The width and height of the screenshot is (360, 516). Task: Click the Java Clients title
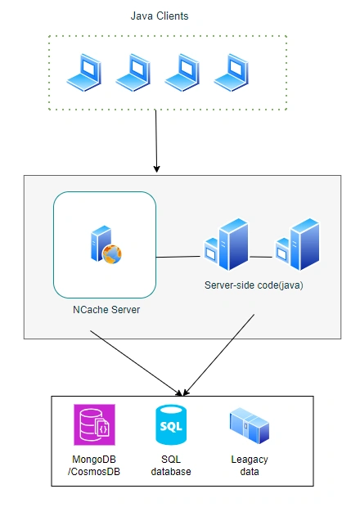coord(160,16)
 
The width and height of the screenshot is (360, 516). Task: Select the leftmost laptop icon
coord(84,73)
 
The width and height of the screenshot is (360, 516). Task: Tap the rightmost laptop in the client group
coord(232,73)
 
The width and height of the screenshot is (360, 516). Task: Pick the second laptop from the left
coord(133,73)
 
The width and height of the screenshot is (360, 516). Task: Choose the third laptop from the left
coord(182,73)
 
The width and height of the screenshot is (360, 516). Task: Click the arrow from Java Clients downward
coord(156,141)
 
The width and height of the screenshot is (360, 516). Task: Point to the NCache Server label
coord(106,310)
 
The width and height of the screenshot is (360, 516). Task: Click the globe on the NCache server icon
coord(112,254)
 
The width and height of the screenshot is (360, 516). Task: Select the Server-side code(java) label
coord(254,285)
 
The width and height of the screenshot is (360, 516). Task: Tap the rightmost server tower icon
coord(298,245)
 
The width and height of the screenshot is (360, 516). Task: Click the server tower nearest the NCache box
coord(227,245)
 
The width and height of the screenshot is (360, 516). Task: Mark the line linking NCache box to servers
coord(178,257)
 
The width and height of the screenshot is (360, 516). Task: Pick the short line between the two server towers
coord(261,257)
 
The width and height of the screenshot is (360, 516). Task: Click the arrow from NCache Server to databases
coord(136,363)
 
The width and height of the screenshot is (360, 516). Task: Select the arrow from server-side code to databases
coord(218,355)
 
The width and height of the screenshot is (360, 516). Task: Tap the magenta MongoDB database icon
coord(95,424)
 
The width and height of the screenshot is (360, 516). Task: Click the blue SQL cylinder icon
coord(171,424)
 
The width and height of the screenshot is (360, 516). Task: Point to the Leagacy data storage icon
coord(250,425)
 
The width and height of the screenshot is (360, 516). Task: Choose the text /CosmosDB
coord(94,472)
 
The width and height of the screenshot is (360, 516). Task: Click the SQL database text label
coord(171,465)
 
